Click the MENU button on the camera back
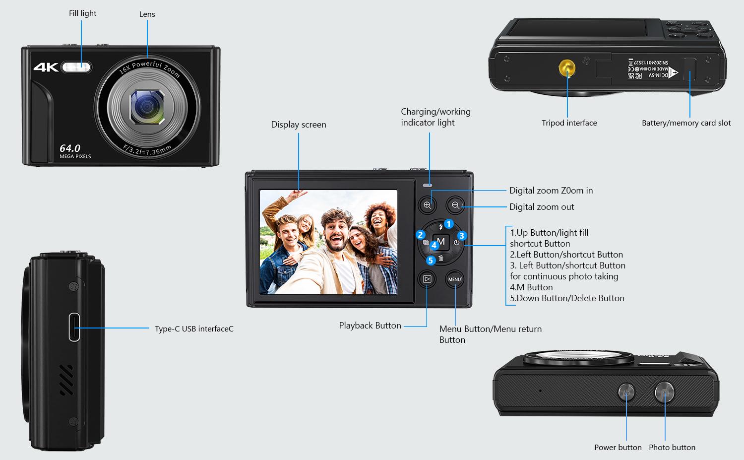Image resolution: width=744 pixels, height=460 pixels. coord(455,279)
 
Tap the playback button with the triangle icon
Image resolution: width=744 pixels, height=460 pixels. coord(427,279)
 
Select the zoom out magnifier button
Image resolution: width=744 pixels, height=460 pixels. coord(455,205)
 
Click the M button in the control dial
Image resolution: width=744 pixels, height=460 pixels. coord(441,241)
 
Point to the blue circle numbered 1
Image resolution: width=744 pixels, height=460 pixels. coord(449,224)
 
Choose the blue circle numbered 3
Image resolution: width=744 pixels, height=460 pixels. coord(462,236)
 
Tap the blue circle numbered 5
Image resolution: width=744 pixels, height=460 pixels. coord(430,260)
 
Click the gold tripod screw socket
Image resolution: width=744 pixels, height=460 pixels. coord(567,68)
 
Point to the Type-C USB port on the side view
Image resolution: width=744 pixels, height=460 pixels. coord(74,328)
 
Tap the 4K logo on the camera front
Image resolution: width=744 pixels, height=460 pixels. coord(46,67)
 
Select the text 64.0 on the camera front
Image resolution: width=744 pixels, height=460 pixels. coord(70,148)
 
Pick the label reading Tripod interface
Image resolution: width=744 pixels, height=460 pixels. coord(569,123)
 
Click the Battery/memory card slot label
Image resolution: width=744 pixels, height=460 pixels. coord(686,123)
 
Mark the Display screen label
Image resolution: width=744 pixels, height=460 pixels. coord(299,125)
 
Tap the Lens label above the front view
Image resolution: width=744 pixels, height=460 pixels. coord(147,14)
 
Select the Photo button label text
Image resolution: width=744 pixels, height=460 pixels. coord(672,447)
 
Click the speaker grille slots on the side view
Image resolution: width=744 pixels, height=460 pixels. coord(66,380)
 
